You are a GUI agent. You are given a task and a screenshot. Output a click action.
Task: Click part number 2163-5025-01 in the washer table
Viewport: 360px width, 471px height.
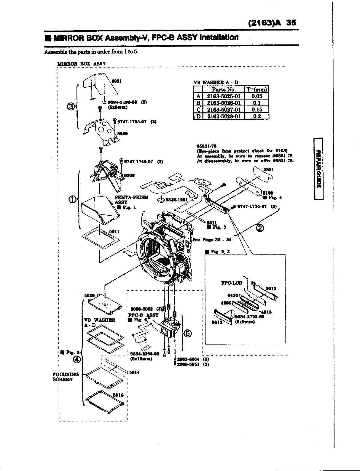tap(224, 96)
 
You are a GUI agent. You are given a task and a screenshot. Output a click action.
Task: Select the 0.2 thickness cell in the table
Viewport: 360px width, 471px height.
tap(257, 116)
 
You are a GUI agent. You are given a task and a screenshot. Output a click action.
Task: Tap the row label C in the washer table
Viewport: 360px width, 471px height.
tap(198, 109)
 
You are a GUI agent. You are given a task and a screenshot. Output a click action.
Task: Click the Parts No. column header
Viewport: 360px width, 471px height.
tap(224, 89)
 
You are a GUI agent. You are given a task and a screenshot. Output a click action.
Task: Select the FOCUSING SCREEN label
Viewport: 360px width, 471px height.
tap(66, 377)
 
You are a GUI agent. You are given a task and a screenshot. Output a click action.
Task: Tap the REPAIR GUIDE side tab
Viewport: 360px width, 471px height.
tap(318, 169)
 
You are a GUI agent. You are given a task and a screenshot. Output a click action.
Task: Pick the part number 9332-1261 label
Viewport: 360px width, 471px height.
tap(176, 200)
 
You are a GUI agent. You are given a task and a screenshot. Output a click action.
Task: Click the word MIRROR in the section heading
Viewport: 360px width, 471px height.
tap(64, 38)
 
